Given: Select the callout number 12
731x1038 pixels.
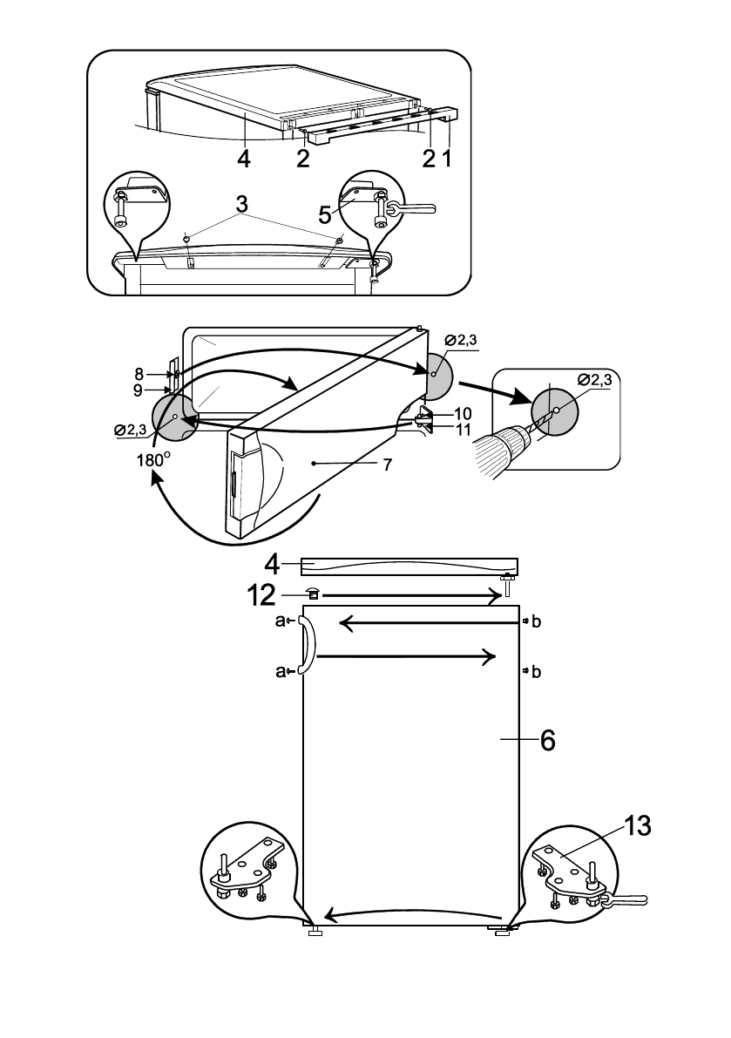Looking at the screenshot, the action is (x=261, y=596).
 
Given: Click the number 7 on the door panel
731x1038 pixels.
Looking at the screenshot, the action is (x=388, y=465).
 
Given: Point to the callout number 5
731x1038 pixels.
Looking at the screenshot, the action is (x=325, y=214).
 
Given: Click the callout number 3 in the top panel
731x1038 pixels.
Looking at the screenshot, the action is (x=242, y=203).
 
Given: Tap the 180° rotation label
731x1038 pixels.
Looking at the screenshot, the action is (x=153, y=459).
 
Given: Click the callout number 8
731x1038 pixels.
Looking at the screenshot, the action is (x=139, y=375).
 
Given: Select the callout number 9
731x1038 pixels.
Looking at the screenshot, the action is (x=138, y=390).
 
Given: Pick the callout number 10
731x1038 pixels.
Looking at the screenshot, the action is (x=463, y=414).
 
